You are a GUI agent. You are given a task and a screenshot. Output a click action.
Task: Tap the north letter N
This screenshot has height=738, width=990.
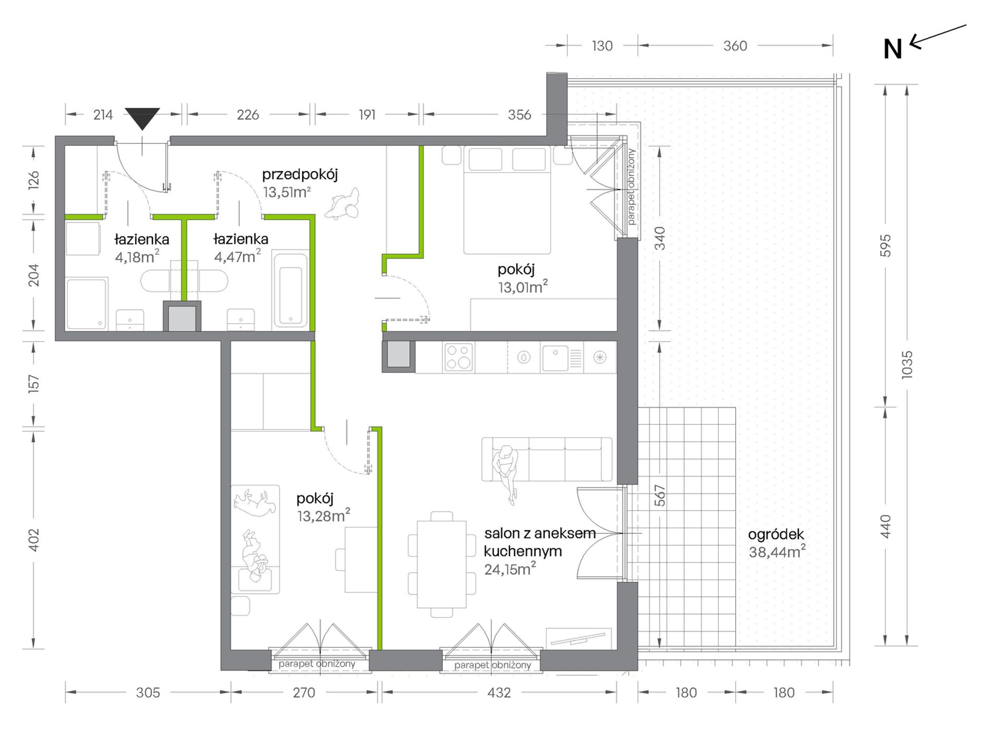click(893, 49)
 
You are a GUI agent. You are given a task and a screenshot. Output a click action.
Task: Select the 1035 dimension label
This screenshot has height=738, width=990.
click(907, 364)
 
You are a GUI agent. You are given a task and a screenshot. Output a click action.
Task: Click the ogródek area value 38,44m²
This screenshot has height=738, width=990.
click(777, 551)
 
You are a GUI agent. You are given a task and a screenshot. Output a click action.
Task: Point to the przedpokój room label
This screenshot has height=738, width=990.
click(300, 175)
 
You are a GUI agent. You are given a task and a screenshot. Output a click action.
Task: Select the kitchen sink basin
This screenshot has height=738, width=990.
click(555, 358)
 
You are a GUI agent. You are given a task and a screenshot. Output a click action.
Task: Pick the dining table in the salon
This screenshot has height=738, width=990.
click(441, 564)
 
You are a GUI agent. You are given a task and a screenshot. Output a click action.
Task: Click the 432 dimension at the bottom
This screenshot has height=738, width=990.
click(499, 692)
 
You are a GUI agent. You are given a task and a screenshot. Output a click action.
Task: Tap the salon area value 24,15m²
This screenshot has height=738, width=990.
click(510, 569)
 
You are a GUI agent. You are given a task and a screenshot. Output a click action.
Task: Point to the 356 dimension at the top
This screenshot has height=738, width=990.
click(519, 115)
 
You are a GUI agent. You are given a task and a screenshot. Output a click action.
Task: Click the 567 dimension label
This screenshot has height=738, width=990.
click(660, 495)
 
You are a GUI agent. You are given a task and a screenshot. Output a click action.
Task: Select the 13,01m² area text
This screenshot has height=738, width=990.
click(523, 287)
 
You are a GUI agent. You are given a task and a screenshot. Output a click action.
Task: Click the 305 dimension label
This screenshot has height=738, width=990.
click(148, 692)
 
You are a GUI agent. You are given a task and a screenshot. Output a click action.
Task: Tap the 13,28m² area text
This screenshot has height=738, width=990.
click(324, 516)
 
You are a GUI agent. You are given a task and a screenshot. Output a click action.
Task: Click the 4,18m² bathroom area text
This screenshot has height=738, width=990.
click(137, 257)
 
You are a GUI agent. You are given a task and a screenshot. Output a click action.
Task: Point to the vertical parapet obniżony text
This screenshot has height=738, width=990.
click(631, 187)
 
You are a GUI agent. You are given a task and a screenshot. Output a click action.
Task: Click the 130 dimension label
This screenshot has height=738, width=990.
click(602, 46)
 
